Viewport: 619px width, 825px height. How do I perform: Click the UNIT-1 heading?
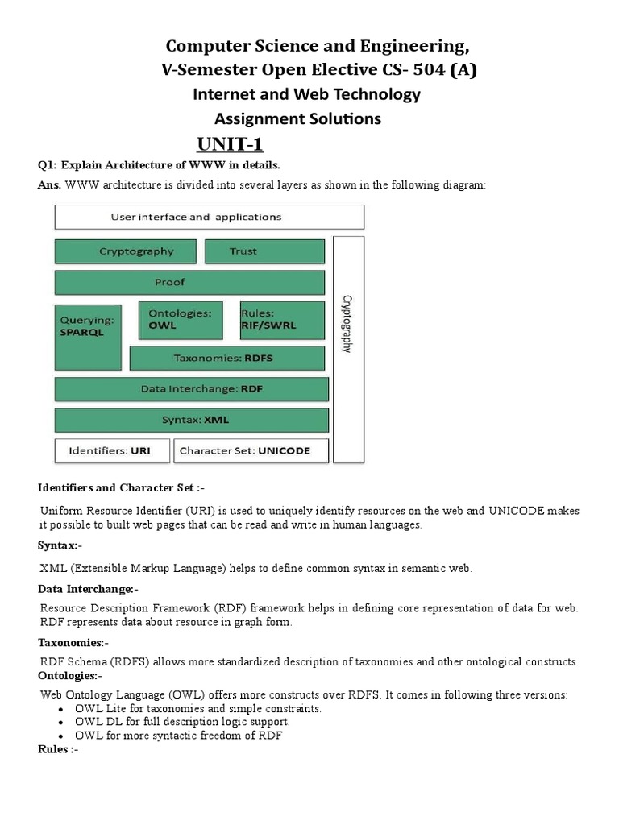tap(230, 144)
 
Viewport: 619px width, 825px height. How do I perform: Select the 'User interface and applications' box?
tap(209, 217)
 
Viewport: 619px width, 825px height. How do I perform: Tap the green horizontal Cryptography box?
tap(125, 251)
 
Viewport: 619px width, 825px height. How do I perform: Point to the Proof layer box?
tap(190, 282)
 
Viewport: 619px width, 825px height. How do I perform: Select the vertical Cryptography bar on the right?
tap(348, 349)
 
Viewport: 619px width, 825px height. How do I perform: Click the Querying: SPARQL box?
tap(88, 336)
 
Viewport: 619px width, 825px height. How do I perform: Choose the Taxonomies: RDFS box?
tap(226, 358)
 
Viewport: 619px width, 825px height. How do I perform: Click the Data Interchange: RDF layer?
tap(191, 389)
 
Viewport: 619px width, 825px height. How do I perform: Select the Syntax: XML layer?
tap(191, 420)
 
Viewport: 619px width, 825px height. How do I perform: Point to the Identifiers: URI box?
tap(112, 450)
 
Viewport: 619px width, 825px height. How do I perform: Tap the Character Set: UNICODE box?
tap(251, 450)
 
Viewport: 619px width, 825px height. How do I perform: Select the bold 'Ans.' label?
tap(50, 184)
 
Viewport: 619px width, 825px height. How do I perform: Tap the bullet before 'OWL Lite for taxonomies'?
tap(63, 709)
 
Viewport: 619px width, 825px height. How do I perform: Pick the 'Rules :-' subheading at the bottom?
tap(58, 748)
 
